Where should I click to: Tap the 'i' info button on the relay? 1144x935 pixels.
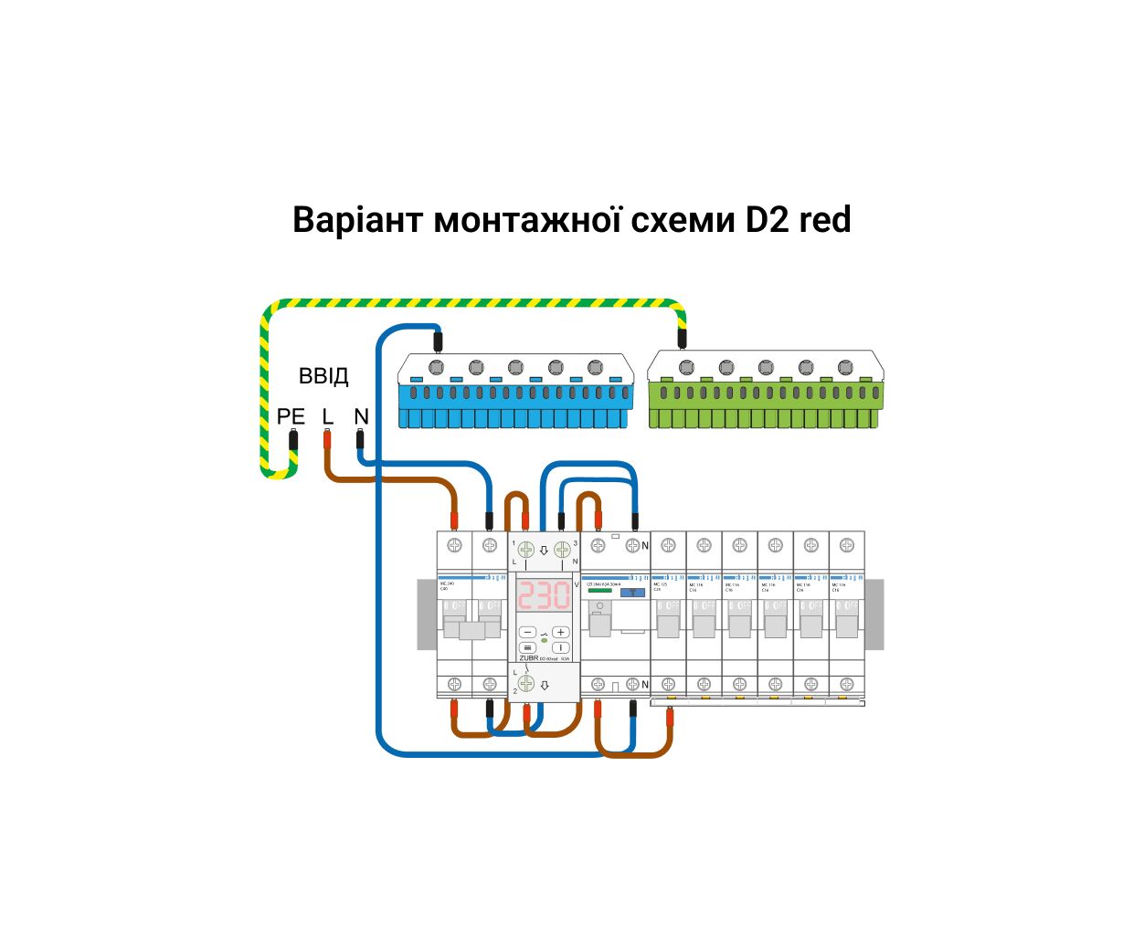[x=561, y=647]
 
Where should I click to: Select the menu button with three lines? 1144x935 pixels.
[x=527, y=647]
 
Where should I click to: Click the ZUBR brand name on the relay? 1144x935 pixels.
[x=528, y=657]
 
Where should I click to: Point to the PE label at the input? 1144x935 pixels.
[x=291, y=417]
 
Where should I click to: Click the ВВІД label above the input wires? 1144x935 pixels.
[x=323, y=376]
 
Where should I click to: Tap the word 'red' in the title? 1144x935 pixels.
[x=825, y=220]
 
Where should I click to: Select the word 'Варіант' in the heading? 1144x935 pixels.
[x=358, y=220]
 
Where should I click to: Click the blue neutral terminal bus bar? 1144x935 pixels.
[x=516, y=393]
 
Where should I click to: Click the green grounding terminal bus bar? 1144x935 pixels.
[x=766, y=393]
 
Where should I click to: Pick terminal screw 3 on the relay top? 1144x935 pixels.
[x=563, y=550]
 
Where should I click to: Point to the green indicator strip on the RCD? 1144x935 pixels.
[x=600, y=591]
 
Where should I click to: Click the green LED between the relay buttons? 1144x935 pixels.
[x=545, y=640]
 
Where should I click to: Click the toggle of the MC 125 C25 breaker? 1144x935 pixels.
[x=668, y=625]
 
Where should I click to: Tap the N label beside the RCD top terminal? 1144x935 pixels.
[x=645, y=546]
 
